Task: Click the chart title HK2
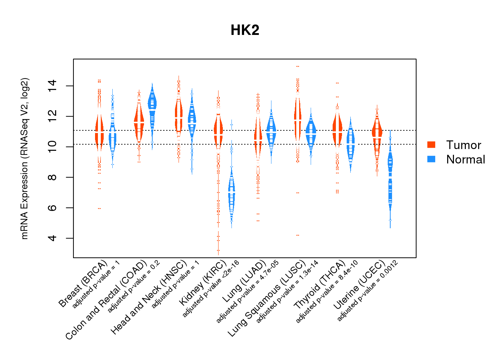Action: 245,30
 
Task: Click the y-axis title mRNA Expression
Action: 24,158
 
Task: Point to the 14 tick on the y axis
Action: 52,86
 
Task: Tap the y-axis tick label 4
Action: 52,238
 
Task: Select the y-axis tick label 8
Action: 52,177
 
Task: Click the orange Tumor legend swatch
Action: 431,145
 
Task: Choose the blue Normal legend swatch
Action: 431,159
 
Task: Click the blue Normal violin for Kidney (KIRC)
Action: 231,194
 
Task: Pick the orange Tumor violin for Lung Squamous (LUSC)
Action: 297,119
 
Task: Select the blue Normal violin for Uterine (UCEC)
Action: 390,180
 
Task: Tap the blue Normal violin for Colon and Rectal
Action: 152,104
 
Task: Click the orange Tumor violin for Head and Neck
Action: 179,115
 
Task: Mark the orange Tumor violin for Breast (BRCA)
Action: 99,133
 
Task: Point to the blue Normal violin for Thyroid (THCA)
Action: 351,144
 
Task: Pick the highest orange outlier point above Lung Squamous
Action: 298,67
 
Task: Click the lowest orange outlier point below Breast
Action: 99,208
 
